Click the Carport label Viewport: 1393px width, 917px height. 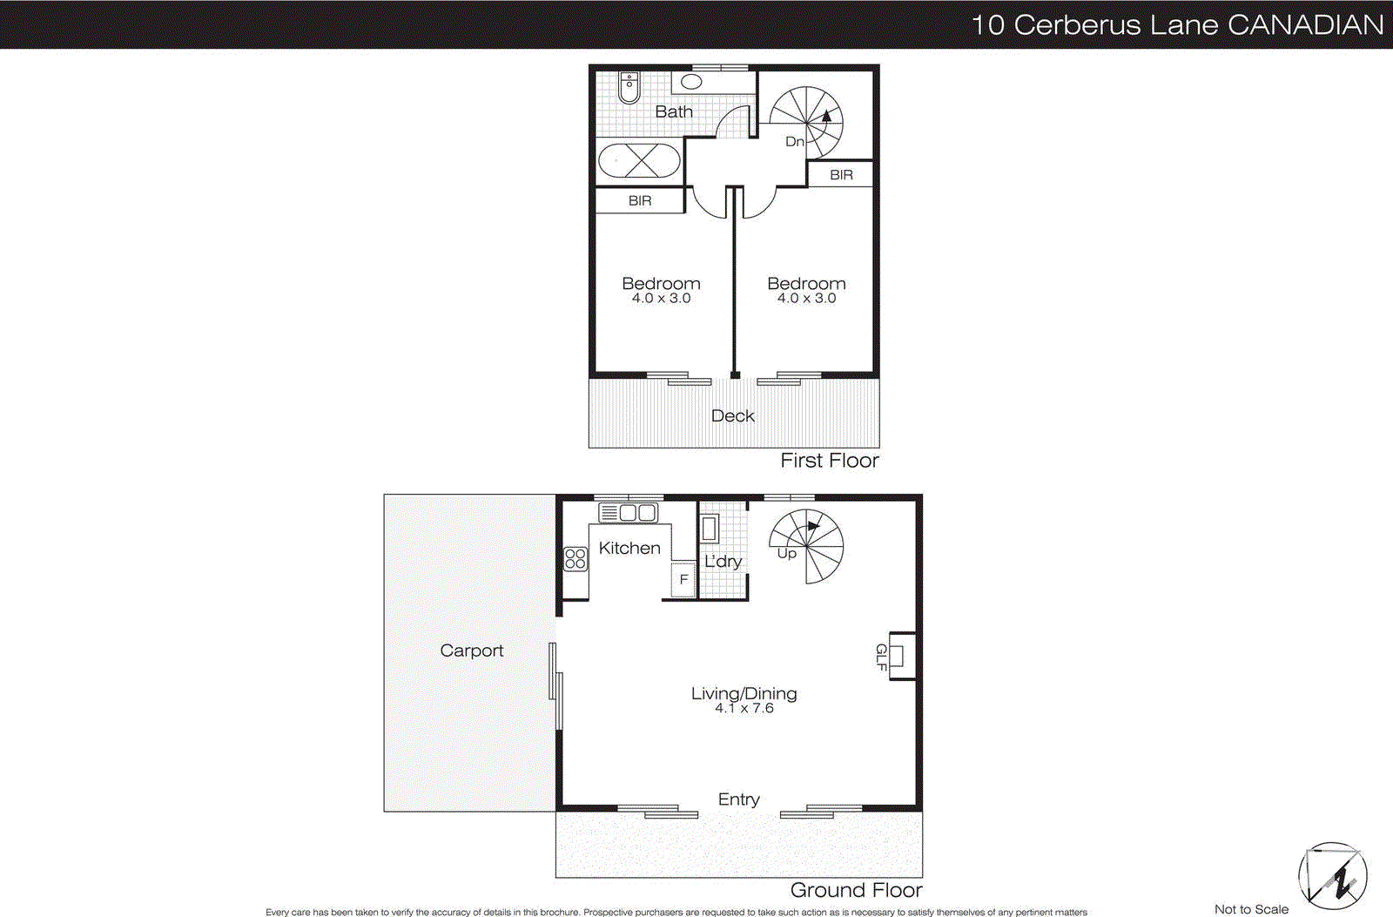(471, 651)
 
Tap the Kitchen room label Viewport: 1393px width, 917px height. (629, 548)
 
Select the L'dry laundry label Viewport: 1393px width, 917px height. (723, 562)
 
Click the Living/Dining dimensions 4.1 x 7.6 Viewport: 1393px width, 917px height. (744, 709)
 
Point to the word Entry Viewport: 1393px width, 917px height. (738, 799)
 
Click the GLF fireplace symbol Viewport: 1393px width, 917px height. (898, 656)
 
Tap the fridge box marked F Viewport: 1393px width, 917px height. (683, 579)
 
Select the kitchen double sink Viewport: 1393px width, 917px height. (629, 512)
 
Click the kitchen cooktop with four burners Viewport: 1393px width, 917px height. (575, 558)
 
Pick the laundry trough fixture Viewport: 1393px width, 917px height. (710, 529)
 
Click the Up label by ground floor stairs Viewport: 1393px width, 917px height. (786, 554)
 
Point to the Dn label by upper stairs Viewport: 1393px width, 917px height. (794, 141)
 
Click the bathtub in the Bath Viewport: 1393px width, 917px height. (640, 161)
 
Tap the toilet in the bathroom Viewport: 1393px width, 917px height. (629, 86)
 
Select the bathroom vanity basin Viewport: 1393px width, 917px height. (691, 83)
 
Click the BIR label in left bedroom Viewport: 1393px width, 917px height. (640, 200)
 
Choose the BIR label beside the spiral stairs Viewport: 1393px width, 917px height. (841, 174)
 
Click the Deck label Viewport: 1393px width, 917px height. (733, 416)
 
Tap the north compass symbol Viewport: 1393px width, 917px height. (1333, 875)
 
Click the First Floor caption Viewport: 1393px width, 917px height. (829, 461)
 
